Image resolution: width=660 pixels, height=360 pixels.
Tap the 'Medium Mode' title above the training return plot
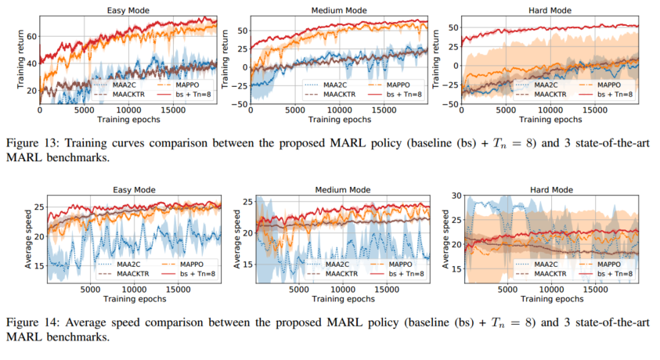[332, 10]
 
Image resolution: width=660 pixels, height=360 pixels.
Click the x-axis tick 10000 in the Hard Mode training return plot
[548, 111]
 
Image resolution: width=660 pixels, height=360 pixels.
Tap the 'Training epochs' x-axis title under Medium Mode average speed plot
[332, 299]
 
